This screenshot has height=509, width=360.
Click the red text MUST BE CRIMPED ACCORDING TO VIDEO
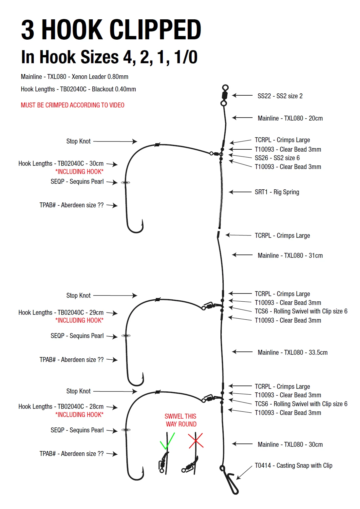point(72,105)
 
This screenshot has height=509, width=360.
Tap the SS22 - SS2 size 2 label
point(280,96)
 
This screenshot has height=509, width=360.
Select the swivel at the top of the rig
point(224,95)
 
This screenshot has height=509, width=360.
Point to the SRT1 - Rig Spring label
point(277,192)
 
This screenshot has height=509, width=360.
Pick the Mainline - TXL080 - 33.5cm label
point(293,352)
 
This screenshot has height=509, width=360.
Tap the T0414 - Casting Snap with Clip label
point(294,465)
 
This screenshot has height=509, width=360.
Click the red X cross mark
point(196,441)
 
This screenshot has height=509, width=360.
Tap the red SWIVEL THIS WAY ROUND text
point(181,420)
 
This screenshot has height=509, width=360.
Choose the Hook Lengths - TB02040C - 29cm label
point(61,312)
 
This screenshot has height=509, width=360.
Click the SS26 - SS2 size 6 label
point(277,158)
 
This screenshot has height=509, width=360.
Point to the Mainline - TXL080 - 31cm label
point(290,255)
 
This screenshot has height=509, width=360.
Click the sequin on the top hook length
point(125,182)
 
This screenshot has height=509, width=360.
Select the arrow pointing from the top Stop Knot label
point(115,141)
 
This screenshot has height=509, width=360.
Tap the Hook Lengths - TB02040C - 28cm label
point(61,406)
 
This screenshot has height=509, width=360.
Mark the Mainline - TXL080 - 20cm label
point(290,118)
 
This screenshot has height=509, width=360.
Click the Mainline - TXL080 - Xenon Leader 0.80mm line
point(74,77)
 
